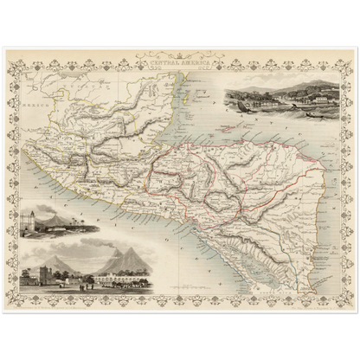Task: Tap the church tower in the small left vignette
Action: coord(30,220)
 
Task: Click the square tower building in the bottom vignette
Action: coord(35,277)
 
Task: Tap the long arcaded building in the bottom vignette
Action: coord(117,279)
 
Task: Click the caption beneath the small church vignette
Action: coord(52,239)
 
